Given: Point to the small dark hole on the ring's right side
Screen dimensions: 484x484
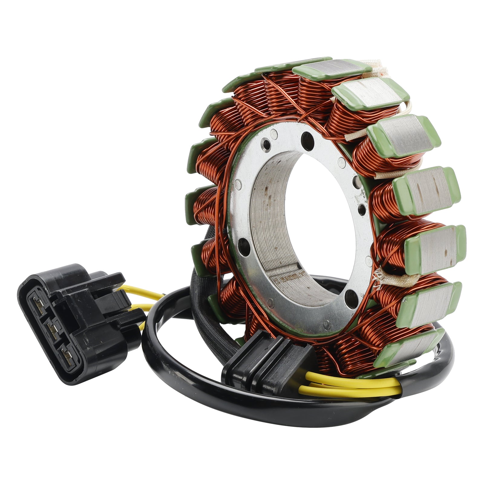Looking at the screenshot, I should [361, 209].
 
